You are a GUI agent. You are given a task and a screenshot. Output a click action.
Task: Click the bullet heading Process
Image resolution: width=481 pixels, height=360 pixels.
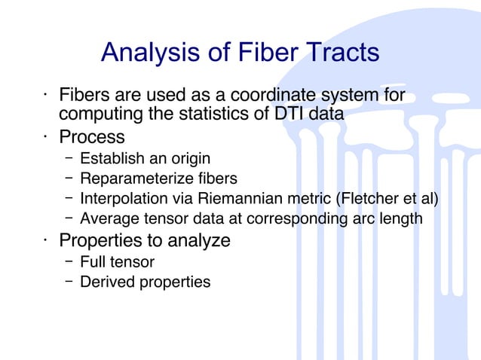tap(92, 138)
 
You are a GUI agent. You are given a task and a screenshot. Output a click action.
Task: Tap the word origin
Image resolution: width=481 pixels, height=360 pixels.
tap(188, 159)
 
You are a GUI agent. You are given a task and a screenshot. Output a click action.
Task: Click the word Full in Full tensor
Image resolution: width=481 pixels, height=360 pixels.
tap(93, 262)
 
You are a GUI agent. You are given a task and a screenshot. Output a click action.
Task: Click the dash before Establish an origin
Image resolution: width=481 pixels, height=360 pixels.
tap(69, 159)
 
